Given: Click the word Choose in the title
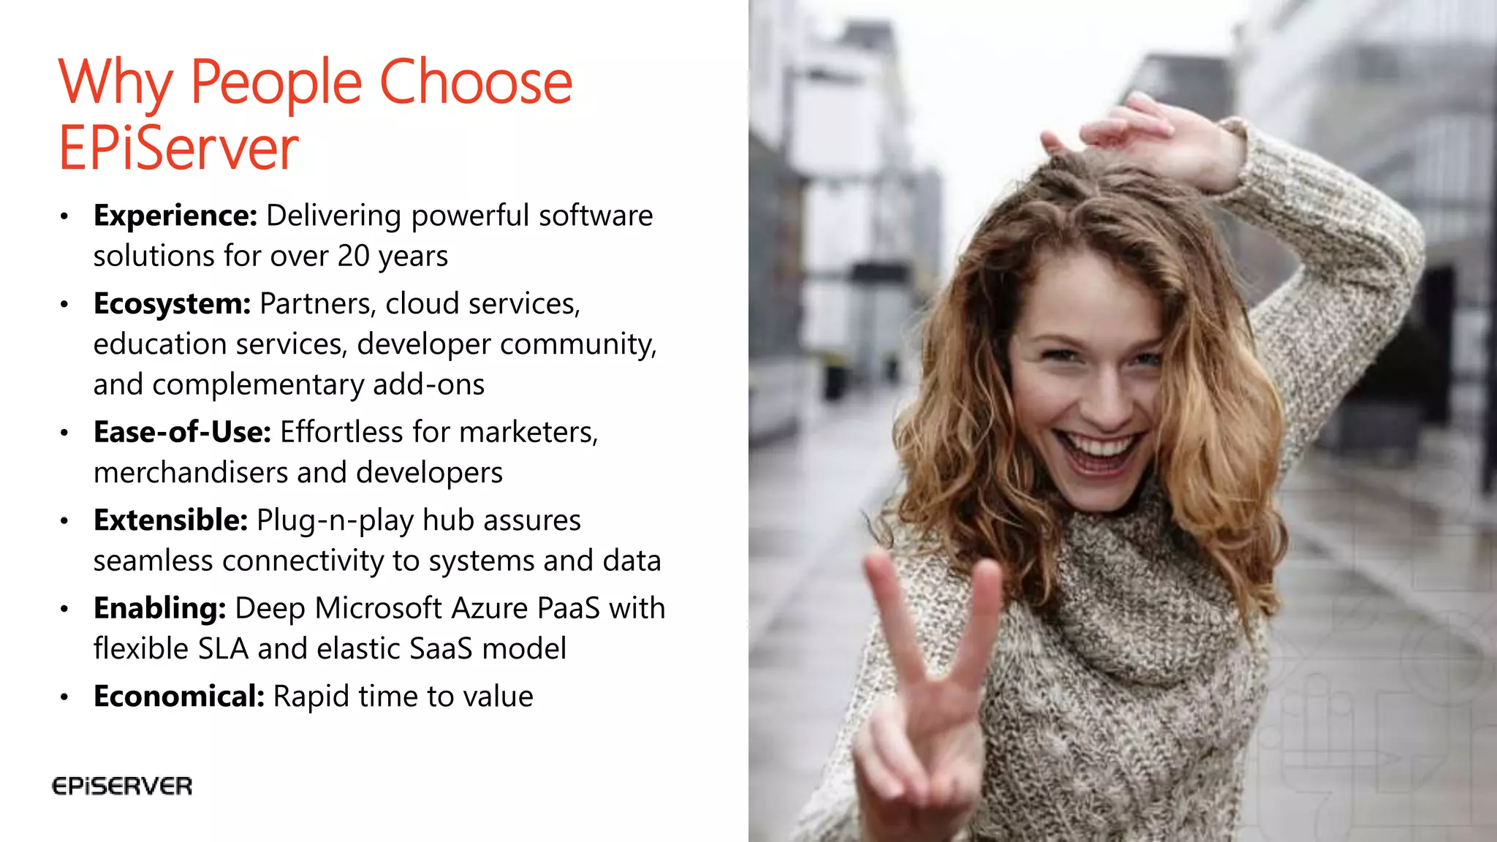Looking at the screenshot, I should coord(475,82).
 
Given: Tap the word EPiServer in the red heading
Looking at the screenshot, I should coord(178,148).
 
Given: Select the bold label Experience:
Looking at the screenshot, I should coord(175,216).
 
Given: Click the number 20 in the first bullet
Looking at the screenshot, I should coord(353,257).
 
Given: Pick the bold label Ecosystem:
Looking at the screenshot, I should coord(173,303).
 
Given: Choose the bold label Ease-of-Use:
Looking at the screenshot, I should coord(183,432).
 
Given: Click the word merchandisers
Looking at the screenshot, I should coord(191,473).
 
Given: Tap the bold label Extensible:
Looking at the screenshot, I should coord(171,520).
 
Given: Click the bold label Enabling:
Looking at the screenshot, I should coord(160,608).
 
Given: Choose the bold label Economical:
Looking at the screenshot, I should coord(179,697).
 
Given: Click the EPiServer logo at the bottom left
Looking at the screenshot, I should coord(122,786).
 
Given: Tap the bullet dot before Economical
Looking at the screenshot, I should coord(64,697).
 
